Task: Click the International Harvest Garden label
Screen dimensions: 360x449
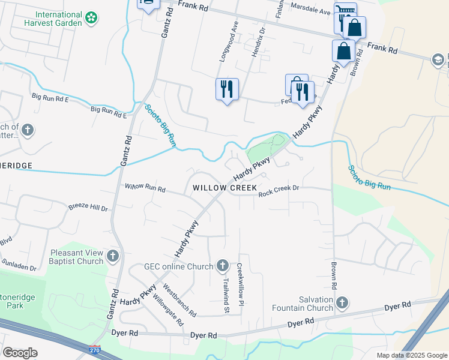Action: tap(58, 19)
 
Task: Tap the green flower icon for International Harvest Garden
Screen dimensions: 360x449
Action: tap(91, 19)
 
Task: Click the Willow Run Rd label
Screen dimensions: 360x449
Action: tap(145, 187)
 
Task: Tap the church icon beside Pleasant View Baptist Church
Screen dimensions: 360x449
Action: tap(112, 257)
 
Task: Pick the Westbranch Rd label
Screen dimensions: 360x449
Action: tap(179, 300)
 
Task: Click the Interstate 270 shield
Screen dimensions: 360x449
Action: tap(94, 349)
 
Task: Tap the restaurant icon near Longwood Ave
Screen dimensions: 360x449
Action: tap(227, 89)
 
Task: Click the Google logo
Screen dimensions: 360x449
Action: tap(20, 353)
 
